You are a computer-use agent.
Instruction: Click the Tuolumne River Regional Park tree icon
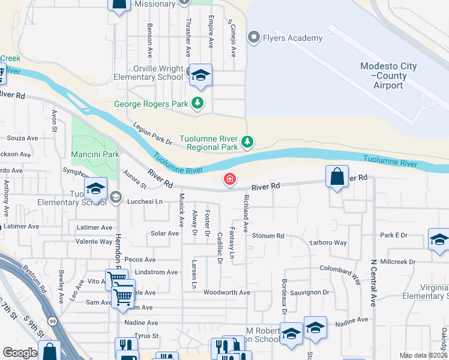click(x=247, y=142)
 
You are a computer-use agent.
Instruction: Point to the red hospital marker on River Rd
click(x=229, y=179)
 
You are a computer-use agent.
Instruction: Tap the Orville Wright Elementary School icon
click(x=201, y=75)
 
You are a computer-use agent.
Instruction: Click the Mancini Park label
click(x=94, y=154)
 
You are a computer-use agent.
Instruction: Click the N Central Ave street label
click(x=373, y=283)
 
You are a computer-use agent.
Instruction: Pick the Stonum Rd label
click(x=268, y=236)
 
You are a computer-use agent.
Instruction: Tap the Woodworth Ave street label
click(x=226, y=292)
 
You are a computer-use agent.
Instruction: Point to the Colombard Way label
click(x=340, y=274)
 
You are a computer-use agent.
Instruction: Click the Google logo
click(x=20, y=353)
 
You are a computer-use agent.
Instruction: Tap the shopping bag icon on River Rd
click(x=337, y=177)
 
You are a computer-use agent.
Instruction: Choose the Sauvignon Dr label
click(x=310, y=292)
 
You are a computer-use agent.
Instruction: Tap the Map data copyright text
click(x=423, y=355)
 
